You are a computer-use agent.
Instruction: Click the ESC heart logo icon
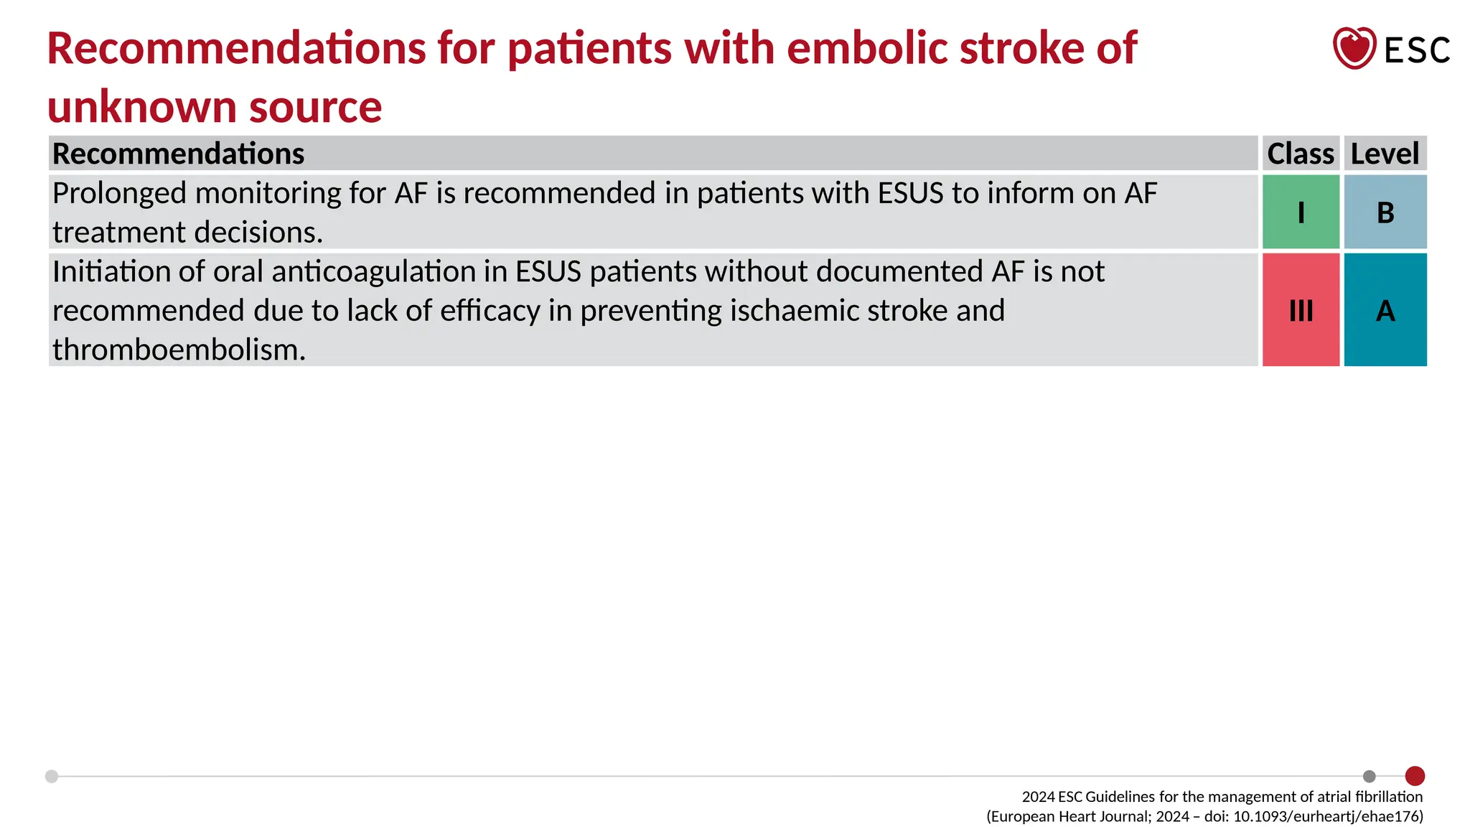click(x=1354, y=48)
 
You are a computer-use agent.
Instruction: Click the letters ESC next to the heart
click(x=1417, y=50)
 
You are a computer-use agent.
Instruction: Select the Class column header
click(x=1300, y=154)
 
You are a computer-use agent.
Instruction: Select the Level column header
click(x=1385, y=154)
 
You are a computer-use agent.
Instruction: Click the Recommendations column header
click(x=179, y=154)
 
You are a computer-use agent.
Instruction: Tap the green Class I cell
click(x=1301, y=212)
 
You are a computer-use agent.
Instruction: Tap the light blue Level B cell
click(x=1385, y=212)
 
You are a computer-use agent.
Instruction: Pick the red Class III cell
click(x=1301, y=310)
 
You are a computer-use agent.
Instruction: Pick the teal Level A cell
click(x=1385, y=310)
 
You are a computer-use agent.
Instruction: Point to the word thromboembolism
click(x=179, y=350)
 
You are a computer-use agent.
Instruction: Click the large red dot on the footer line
click(x=1415, y=776)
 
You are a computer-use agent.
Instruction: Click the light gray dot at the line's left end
click(x=52, y=776)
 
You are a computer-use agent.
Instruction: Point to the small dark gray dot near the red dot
click(x=1370, y=776)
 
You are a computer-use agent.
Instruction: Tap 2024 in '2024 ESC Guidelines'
click(x=1038, y=797)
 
